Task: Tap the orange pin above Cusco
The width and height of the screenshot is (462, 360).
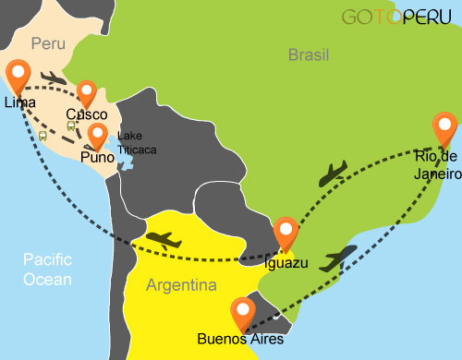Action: (x=87, y=92)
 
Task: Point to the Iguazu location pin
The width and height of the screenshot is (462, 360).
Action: (x=286, y=230)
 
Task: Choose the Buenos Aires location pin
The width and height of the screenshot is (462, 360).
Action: (x=243, y=311)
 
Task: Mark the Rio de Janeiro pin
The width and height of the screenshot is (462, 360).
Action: (x=444, y=126)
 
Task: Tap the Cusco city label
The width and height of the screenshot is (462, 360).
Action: (x=86, y=115)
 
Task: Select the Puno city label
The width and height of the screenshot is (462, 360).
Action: (x=97, y=159)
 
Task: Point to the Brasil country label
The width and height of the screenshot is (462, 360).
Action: (x=309, y=55)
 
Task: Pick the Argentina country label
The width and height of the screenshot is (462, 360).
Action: (x=181, y=284)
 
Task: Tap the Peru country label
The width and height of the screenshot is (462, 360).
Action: (x=48, y=43)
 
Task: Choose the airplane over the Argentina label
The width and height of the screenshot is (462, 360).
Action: (x=164, y=240)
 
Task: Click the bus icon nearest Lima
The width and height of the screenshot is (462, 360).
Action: (x=43, y=135)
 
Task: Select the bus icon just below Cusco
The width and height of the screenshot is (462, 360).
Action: (x=72, y=126)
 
